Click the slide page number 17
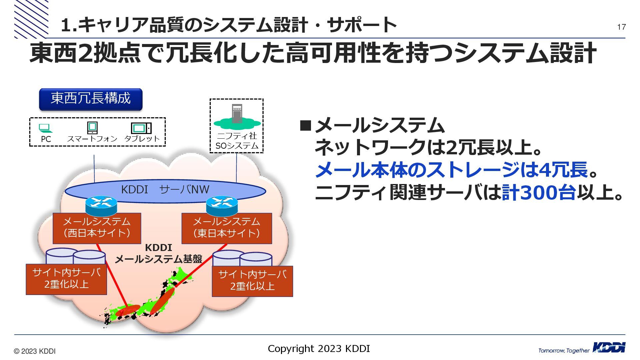click(x=621, y=27)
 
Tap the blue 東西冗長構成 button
click(x=91, y=99)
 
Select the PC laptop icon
click(x=45, y=128)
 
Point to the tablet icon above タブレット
click(x=141, y=128)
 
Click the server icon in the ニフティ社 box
click(x=237, y=114)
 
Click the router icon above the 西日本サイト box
click(x=101, y=205)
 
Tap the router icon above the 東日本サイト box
click(x=222, y=205)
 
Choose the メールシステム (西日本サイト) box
click(x=97, y=228)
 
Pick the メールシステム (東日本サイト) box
click(x=227, y=228)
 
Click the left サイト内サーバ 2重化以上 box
click(x=66, y=279)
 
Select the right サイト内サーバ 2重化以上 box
click(x=252, y=281)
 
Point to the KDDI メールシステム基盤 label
click(x=159, y=253)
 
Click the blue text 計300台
click(x=539, y=193)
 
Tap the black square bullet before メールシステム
click(x=305, y=126)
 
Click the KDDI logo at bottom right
click(x=609, y=348)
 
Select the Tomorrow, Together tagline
click(x=564, y=350)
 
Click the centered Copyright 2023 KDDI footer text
click(x=319, y=349)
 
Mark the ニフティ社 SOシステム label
click(x=237, y=141)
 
